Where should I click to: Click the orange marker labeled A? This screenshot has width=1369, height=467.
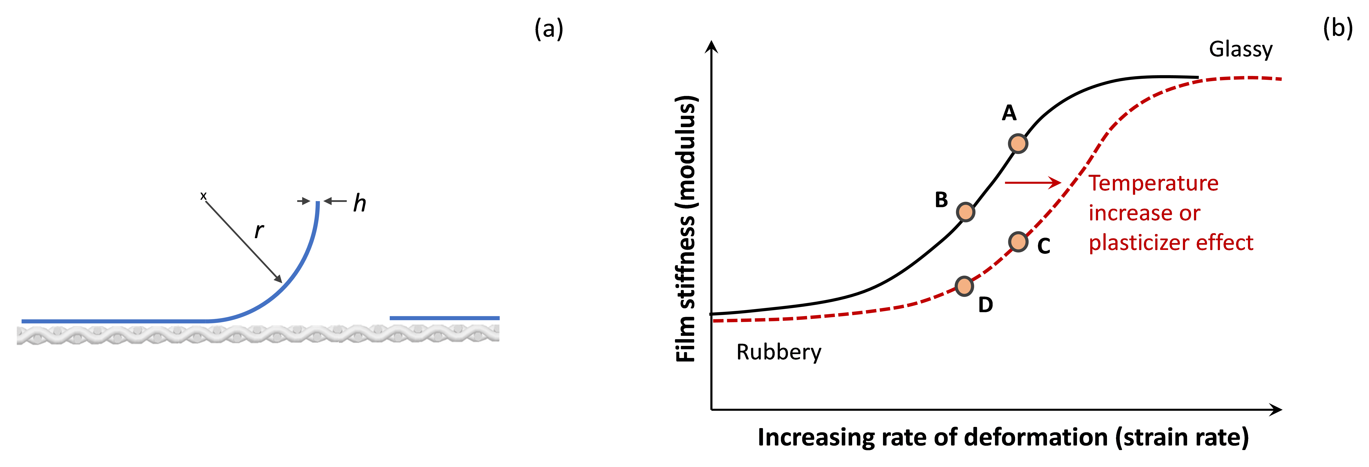pos(1018,144)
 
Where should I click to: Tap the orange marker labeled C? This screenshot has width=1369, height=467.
pos(1018,242)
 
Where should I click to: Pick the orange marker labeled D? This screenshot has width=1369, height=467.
pos(964,286)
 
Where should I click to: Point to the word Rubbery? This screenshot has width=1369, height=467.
pos(779,352)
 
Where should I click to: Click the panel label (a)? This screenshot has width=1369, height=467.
pos(548,29)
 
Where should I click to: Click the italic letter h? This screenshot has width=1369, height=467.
pos(360,203)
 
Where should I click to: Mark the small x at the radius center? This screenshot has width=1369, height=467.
pos(203,196)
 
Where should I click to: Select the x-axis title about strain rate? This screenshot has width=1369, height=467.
pos(1003,437)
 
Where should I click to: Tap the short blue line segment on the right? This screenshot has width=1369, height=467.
pos(444,318)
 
